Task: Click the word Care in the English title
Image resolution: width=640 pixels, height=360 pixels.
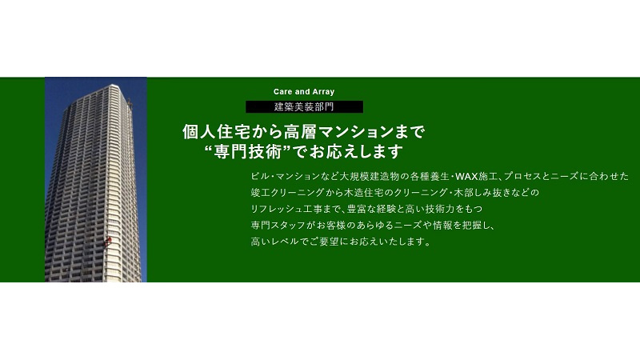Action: pyautogui.click(x=282, y=92)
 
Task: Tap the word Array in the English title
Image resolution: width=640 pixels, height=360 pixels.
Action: pyautogui.click(x=323, y=92)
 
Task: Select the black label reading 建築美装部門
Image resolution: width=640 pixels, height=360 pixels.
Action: pyautogui.click(x=304, y=107)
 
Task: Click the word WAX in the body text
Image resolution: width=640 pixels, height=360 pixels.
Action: pyautogui.click(x=466, y=176)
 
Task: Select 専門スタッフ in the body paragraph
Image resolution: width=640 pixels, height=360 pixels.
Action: pyautogui.click(x=278, y=226)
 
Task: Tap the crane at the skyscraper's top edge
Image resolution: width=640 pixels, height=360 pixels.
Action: pyautogui.click(x=130, y=104)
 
